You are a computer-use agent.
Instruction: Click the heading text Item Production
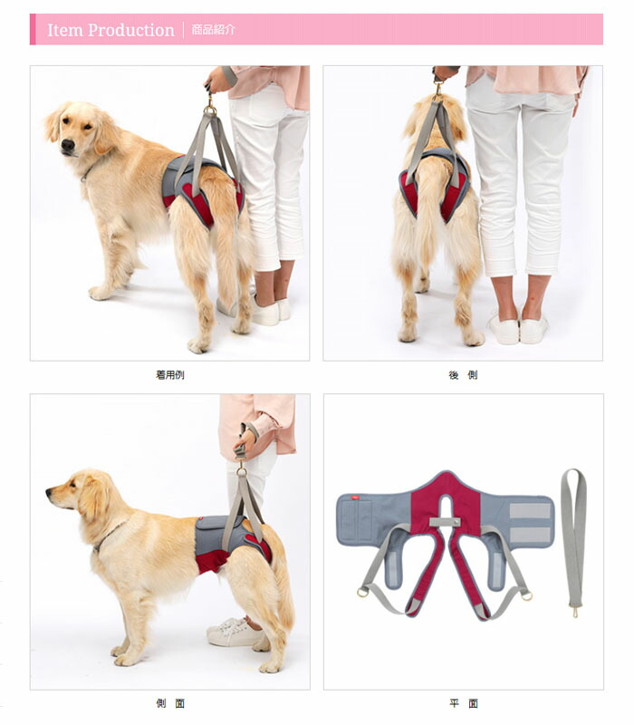(x=110, y=30)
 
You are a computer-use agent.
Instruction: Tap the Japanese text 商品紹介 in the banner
(x=214, y=29)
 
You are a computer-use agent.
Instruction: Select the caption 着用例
(x=169, y=374)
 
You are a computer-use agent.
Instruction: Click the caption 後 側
(x=463, y=374)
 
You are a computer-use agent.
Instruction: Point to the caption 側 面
(x=169, y=703)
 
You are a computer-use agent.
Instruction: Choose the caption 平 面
(x=463, y=703)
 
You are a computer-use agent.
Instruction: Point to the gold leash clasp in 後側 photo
(x=438, y=91)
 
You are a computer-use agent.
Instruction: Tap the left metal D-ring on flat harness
(x=363, y=593)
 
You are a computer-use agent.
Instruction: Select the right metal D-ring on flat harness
(x=526, y=594)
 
